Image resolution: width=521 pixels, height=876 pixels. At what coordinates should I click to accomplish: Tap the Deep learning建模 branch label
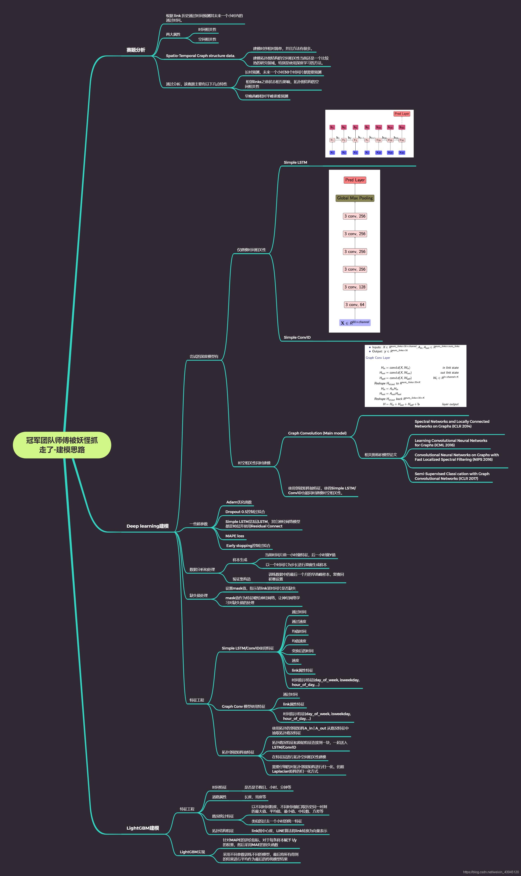coord(147,526)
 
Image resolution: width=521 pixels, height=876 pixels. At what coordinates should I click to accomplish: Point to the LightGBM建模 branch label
coord(142,828)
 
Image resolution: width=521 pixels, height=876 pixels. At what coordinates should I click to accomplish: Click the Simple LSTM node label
coord(295,162)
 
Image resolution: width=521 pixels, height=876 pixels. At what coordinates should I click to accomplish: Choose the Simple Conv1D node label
coord(297,337)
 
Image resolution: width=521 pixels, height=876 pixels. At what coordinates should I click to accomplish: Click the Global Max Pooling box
coord(355,198)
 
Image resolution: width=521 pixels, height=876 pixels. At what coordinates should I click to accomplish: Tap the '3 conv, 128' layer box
coord(355,287)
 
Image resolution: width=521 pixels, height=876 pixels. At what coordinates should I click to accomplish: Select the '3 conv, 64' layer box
coord(355,305)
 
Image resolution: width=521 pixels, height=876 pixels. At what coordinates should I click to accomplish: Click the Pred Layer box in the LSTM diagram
coord(402,114)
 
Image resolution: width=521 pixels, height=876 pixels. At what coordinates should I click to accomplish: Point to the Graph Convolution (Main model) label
coord(317,433)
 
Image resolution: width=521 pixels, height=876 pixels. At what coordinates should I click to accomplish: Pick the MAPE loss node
coord(234,536)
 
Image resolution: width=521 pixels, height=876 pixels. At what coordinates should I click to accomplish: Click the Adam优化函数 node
coord(239,502)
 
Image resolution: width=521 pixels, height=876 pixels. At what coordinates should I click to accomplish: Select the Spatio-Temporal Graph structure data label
coord(200,56)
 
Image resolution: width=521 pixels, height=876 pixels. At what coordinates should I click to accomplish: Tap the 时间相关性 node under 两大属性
coord(207,30)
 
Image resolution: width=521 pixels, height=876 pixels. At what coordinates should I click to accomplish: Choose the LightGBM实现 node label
coord(192,852)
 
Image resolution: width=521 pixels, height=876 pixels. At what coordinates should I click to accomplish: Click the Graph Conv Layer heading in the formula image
coord(378,358)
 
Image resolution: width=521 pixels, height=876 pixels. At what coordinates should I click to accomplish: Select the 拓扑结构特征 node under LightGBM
coord(223,831)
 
